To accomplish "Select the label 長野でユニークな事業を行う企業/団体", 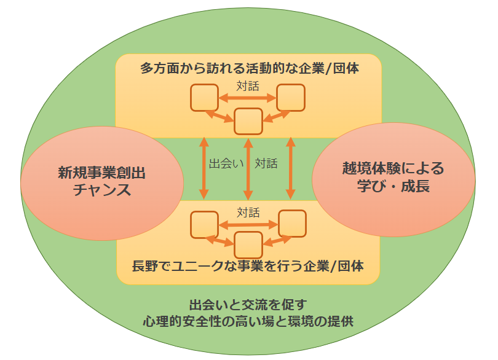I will [x=248, y=266].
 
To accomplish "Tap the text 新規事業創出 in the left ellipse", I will [x=102, y=171].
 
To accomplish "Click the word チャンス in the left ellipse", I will [x=102, y=190].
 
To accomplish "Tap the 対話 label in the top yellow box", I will [x=248, y=87].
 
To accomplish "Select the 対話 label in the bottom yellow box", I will [x=248, y=213].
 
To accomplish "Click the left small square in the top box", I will [x=204, y=98].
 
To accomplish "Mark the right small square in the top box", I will [x=290, y=98].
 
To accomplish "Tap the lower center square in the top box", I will [x=248, y=120].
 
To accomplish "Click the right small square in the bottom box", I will [x=292, y=224].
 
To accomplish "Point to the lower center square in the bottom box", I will [x=248, y=245].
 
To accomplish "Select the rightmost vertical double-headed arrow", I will [x=291, y=168].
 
